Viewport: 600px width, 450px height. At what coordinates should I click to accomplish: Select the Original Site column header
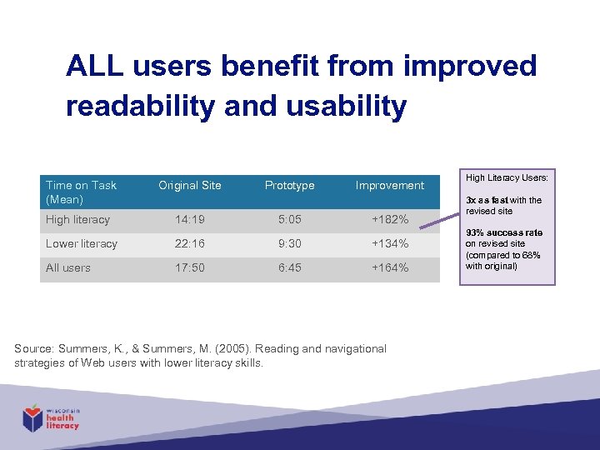190,185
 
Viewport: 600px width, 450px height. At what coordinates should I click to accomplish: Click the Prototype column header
289,185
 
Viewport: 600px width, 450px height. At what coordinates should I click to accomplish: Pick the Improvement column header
389,185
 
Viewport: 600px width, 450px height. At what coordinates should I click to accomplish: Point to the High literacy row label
78,220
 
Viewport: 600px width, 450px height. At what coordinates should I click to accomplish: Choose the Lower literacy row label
82,244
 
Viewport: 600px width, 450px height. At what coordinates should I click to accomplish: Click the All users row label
68,268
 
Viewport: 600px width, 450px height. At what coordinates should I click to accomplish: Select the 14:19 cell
190,220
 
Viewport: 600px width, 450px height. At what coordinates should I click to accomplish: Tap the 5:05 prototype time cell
289,220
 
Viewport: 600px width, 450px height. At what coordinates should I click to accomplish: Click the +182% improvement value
389,220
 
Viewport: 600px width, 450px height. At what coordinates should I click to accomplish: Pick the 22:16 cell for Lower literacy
190,244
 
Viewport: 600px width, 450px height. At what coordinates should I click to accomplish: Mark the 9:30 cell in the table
289,244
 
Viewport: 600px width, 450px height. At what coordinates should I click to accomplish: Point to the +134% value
389,244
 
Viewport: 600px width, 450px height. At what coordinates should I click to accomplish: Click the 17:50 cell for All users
190,268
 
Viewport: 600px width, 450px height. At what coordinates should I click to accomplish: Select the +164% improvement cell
389,268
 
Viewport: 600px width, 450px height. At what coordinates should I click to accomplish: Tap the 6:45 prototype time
289,268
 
